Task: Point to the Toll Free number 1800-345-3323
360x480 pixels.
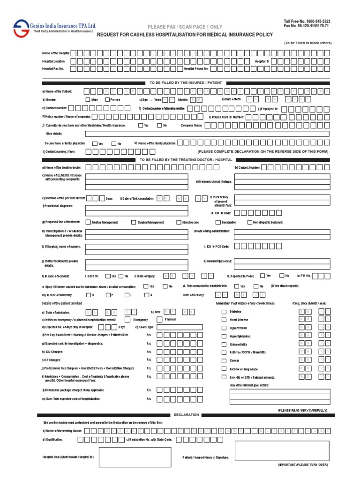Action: tap(307, 22)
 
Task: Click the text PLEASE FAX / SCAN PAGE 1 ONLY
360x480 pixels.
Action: tap(185, 27)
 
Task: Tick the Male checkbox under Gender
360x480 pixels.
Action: tap(88, 100)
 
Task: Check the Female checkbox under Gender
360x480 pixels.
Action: tap(107, 100)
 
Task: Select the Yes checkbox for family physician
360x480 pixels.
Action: tap(95, 143)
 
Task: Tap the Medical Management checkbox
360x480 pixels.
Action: tap(88, 222)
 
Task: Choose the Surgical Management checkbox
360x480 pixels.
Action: tap(134, 222)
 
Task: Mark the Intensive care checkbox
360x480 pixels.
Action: tap(179, 222)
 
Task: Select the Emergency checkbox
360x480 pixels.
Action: tap(127, 319)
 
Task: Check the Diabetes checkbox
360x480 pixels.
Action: tap(224, 311)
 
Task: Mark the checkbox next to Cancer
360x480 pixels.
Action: tap(224, 361)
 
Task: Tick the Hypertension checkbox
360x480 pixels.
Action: tap(224, 328)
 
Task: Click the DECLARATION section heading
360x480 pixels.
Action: tap(186, 415)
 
